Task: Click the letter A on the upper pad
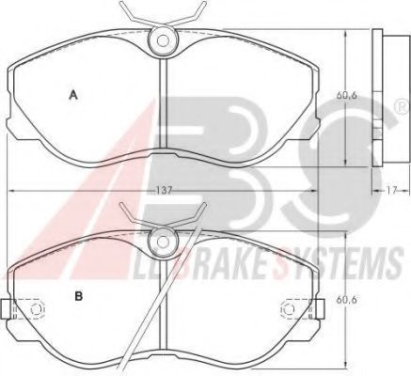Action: tap(73, 95)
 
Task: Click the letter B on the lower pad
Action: tap(78, 296)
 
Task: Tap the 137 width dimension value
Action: tap(163, 190)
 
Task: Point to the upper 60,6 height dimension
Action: tap(347, 95)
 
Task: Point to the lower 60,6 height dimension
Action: tap(347, 300)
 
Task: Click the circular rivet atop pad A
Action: tap(163, 40)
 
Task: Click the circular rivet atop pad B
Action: tap(163, 242)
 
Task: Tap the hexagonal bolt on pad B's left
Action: tap(37, 309)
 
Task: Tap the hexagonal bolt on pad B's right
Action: tap(287, 309)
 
